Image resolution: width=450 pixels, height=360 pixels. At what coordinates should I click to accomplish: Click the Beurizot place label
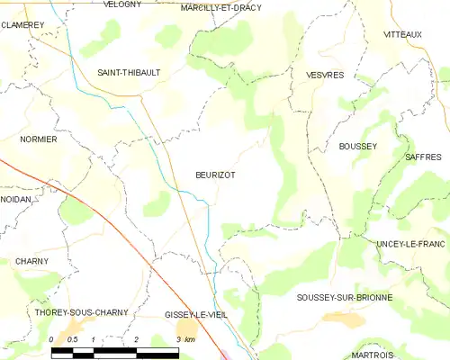[x=215, y=175]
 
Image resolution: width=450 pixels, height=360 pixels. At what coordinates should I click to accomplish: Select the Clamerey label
[x=22, y=25]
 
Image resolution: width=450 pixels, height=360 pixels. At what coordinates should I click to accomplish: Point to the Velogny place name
[x=122, y=4]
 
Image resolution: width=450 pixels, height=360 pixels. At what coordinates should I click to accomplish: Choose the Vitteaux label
[x=402, y=33]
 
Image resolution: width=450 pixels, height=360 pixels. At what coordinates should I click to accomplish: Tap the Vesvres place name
[x=325, y=76]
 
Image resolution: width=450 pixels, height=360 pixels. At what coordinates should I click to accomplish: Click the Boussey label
[x=357, y=146]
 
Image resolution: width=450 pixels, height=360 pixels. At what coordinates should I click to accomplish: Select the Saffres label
[x=423, y=157]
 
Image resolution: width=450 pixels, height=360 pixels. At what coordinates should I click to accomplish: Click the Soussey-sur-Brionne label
[x=343, y=296]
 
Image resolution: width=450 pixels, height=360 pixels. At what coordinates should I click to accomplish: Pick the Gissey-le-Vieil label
[x=197, y=314]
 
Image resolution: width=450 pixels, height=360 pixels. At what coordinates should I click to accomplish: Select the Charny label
[x=31, y=260]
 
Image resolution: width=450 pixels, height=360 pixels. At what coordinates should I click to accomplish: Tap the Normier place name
[x=39, y=139]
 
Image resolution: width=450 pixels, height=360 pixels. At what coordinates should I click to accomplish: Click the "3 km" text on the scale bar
[x=185, y=339]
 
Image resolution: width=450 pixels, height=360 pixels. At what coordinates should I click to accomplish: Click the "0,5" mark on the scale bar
[x=73, y=339]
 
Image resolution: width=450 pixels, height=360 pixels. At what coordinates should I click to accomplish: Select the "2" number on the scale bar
[x=136, y=339]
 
